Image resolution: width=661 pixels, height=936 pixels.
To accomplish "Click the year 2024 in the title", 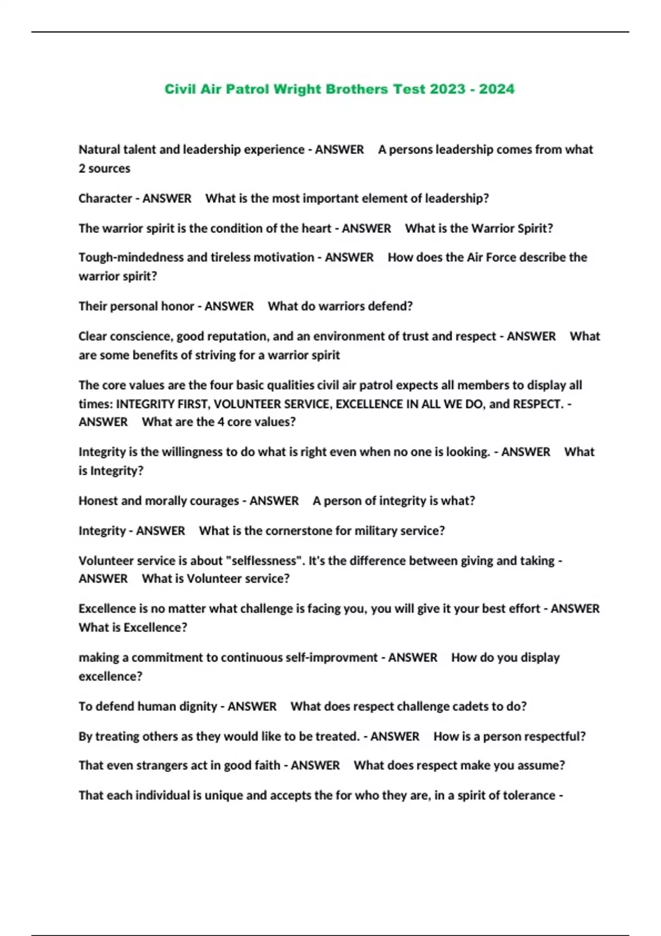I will coord(496,89).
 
